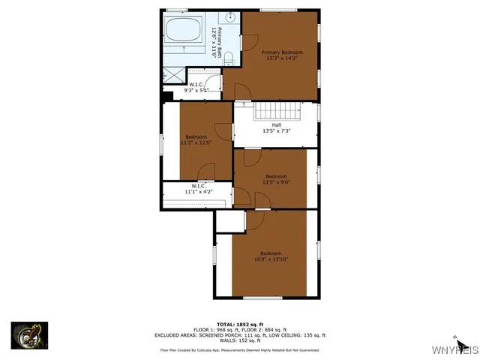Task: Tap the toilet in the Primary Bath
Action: click(229, 58)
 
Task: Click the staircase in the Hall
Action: click(277, 110)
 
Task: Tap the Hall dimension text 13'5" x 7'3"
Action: click(277, 131)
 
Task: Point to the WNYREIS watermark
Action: click(454, 350)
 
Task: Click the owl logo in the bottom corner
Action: click(29, 335)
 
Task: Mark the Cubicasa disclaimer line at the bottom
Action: click(240, 350)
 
